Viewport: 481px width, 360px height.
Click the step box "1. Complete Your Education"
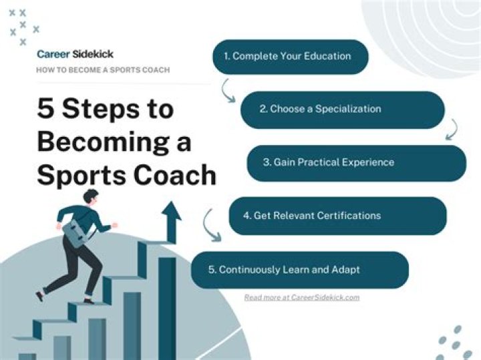click(291, 57)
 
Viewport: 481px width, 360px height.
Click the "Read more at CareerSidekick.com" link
click(301, 297)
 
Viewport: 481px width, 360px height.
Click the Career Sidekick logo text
click(70, 54)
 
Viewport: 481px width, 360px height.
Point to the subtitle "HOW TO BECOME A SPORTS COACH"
click(103, 70)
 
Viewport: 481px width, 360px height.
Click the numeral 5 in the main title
click(46, 109)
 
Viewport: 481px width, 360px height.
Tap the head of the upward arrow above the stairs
click(171, 212)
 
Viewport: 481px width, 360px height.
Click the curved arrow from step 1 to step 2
click(228, 90)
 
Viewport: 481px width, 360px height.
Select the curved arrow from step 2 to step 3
click(452, 128)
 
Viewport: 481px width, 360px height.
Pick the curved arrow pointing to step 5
click(212, 225)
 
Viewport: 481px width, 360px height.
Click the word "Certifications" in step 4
click(350, 216)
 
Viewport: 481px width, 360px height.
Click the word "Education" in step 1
click(327, 57)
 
